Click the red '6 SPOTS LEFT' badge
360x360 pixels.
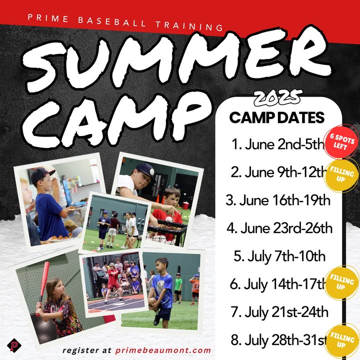click(x=341, y=141)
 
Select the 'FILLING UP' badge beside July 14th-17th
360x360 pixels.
click(x=341, y=283)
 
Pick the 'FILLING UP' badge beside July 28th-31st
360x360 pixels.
click(x=342, y=341)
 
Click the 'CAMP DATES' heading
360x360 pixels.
click(x=276, y=117)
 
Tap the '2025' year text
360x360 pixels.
click(x=277, y=97)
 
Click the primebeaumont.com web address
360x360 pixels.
click(x=163, y=350)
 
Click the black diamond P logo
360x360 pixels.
click(x=14, y=345)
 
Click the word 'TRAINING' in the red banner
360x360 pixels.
click(x=189, y=25)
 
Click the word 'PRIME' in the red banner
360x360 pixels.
click(x=48, y=18)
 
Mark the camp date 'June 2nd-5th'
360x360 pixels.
click(x=277, y=144)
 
